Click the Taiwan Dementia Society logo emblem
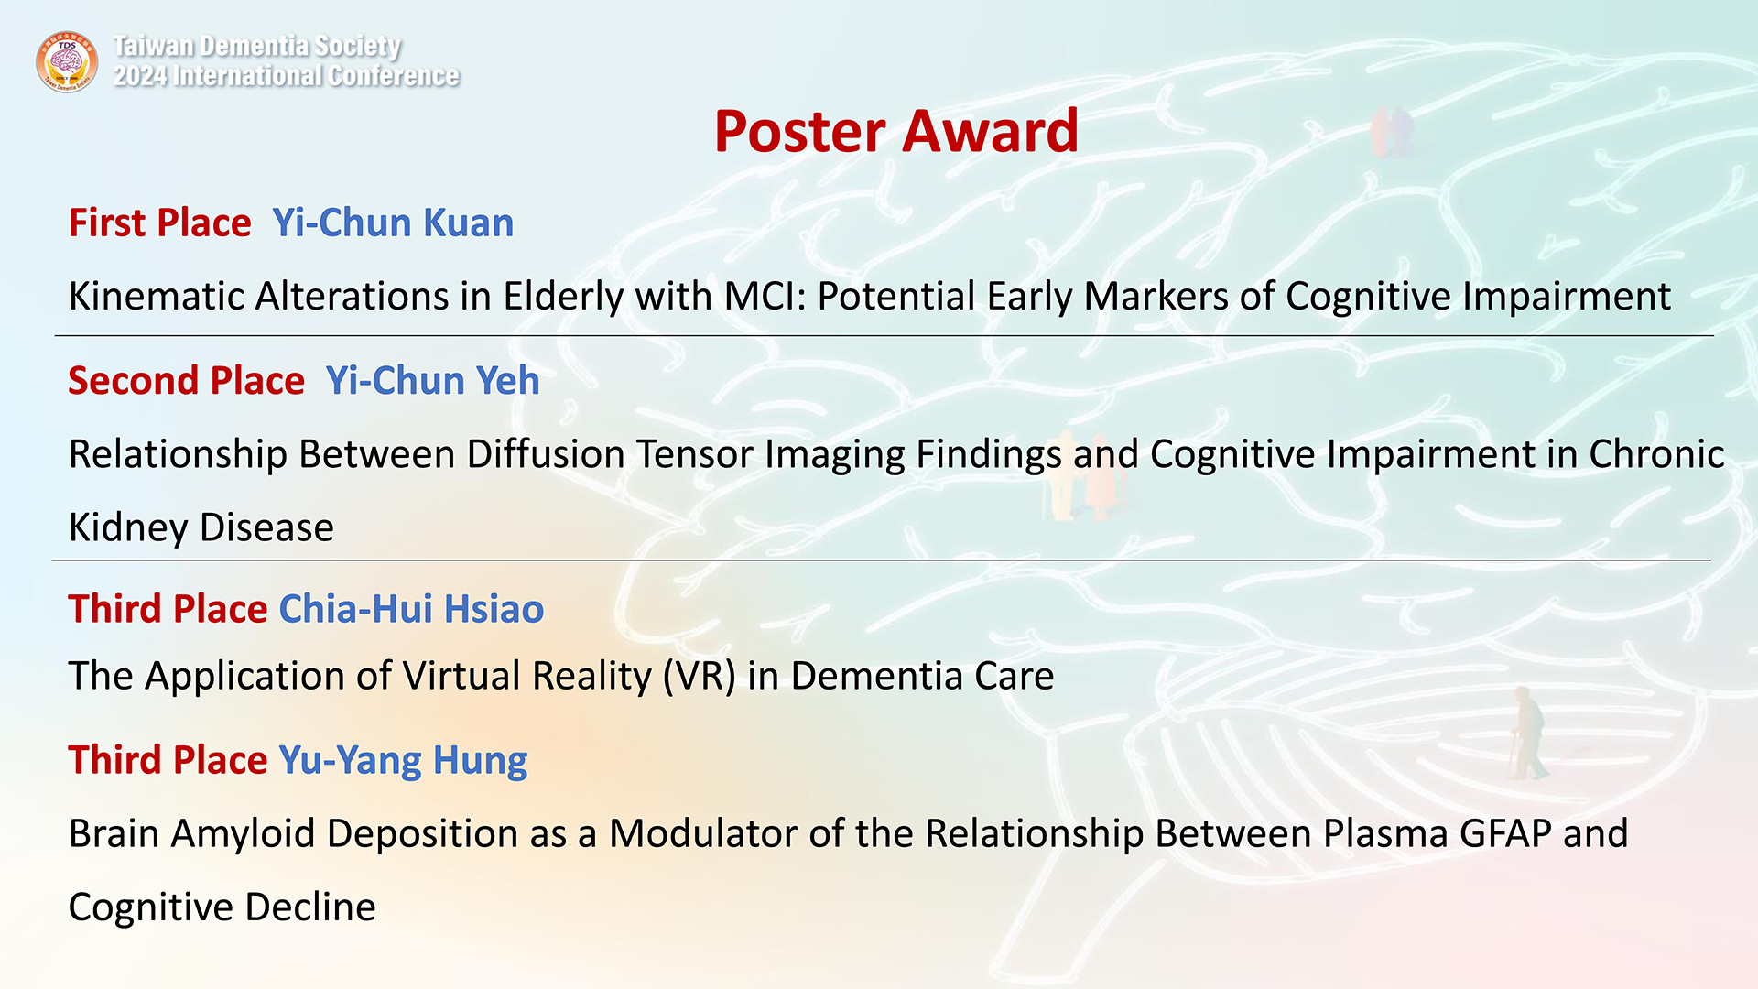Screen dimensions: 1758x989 point(67,61)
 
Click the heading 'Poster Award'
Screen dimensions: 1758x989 point(896,131)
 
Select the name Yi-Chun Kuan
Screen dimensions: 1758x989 point(393,223)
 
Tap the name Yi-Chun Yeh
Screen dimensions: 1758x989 point(432,380)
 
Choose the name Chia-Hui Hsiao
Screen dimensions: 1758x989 point(411,609)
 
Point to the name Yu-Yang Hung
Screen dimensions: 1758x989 point(403,761)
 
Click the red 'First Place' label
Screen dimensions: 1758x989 point(160,223)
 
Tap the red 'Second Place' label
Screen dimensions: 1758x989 point(186,380)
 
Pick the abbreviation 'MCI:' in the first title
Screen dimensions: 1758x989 point(765,297)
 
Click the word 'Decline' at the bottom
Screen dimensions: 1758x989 point(310,907)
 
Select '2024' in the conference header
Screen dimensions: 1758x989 point(140,76)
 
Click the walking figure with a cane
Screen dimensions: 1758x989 point(1526,734)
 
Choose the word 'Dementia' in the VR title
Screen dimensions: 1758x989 point(876,677)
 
